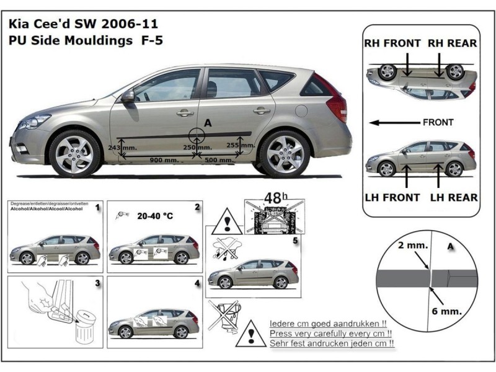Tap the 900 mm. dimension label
click(164, 160)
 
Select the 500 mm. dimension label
click(219, 160)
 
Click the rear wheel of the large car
click(284, 153)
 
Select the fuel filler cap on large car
click(301, 111)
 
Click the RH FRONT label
click(391, 43)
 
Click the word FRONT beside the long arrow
click(438, 122)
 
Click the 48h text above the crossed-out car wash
click(273, 198)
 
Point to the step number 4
click(197, 283)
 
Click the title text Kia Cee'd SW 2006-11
click(83, 25)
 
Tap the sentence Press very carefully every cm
click(333, 334)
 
